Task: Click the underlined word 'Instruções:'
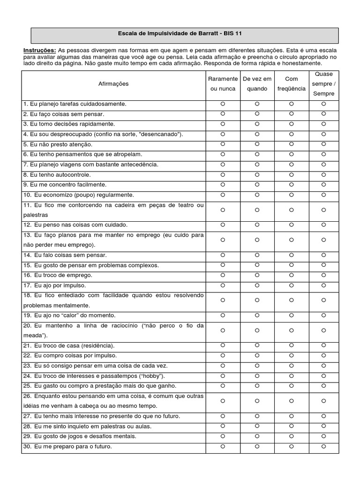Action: (40, 50)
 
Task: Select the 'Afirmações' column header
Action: (113, 84)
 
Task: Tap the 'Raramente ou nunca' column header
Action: (223, 84)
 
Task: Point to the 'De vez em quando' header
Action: (257, 84)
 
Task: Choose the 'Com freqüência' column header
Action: (291, 84)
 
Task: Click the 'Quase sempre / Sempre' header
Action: (323, 84)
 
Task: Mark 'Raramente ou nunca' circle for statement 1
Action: (223, 104)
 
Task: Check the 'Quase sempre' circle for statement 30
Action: (323, 446)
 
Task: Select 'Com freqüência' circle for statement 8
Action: (291, 174)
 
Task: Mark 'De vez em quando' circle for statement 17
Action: (257, 285)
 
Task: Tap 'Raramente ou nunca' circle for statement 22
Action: (223, 355)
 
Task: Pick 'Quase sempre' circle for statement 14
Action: (323, 255)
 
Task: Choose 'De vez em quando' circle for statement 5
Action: (257, 144)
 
